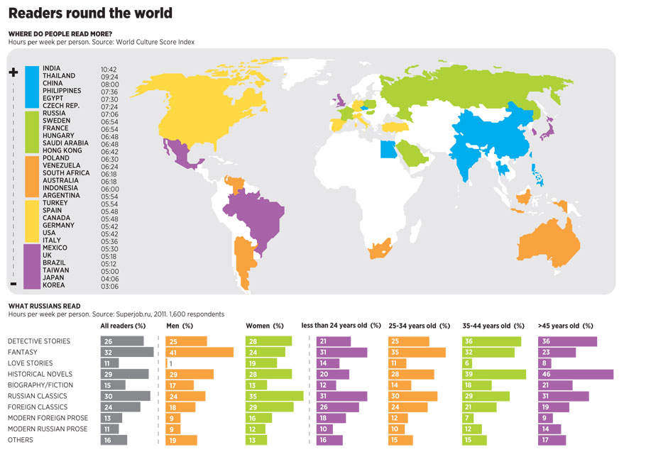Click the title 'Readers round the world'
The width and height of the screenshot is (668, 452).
tap(90, 13)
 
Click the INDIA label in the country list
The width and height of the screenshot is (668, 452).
tap(52, 68)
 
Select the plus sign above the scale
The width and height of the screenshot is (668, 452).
tap(13, 72)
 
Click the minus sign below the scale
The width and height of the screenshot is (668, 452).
tap(13, 284)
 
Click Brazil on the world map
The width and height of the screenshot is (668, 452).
tap(256, 213)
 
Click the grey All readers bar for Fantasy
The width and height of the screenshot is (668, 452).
tap(127, 352)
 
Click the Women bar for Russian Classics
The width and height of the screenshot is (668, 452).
tap(274, 396)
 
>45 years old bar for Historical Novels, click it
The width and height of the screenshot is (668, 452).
tap(576, 374)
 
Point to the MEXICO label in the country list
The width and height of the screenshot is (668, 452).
tap(55, 248)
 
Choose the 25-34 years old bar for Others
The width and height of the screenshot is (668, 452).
tap(404, 440)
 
